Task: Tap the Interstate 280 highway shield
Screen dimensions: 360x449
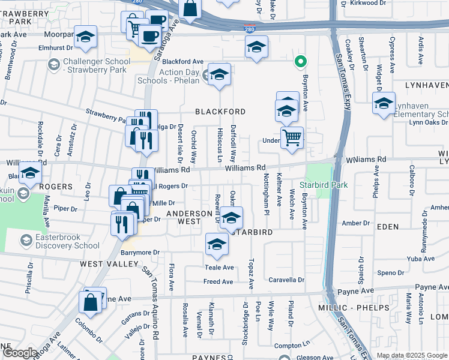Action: tap(249, 29)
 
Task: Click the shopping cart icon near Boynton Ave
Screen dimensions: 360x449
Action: tap(292, 137)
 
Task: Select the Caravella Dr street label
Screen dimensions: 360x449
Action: tap(286, 280)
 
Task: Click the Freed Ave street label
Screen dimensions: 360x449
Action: tap(218, 281)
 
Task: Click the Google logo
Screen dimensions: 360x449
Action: tap(20, 353)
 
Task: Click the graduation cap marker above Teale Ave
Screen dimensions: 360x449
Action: tap(217, 244)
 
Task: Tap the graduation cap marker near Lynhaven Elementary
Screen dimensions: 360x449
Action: tap(384, 103)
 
